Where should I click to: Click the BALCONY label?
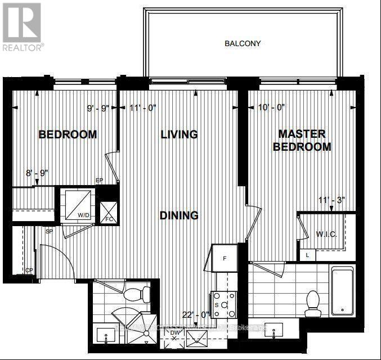point(243,43)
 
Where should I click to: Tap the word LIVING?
point(179,134)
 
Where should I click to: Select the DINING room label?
point(179,215)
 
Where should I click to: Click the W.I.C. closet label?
point(326,233)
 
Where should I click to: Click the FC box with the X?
point(108,212)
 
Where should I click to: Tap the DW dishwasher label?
point(175,333)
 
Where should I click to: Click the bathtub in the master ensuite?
point(342,291)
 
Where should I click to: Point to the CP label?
point(29,271)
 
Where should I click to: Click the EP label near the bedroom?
point(99,181)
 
